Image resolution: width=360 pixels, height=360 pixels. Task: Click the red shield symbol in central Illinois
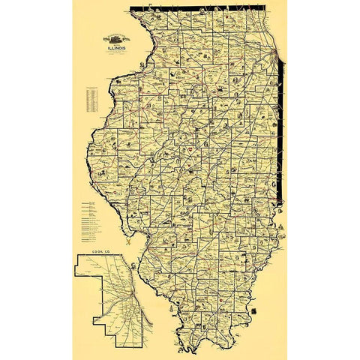point(191,151)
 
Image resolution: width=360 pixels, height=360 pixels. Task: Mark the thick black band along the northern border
point(202,8)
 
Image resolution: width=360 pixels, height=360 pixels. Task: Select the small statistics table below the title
point(93,97)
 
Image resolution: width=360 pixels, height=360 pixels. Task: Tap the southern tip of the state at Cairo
point(196,350)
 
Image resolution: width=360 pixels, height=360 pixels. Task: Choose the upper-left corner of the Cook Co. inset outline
point(76,256)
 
